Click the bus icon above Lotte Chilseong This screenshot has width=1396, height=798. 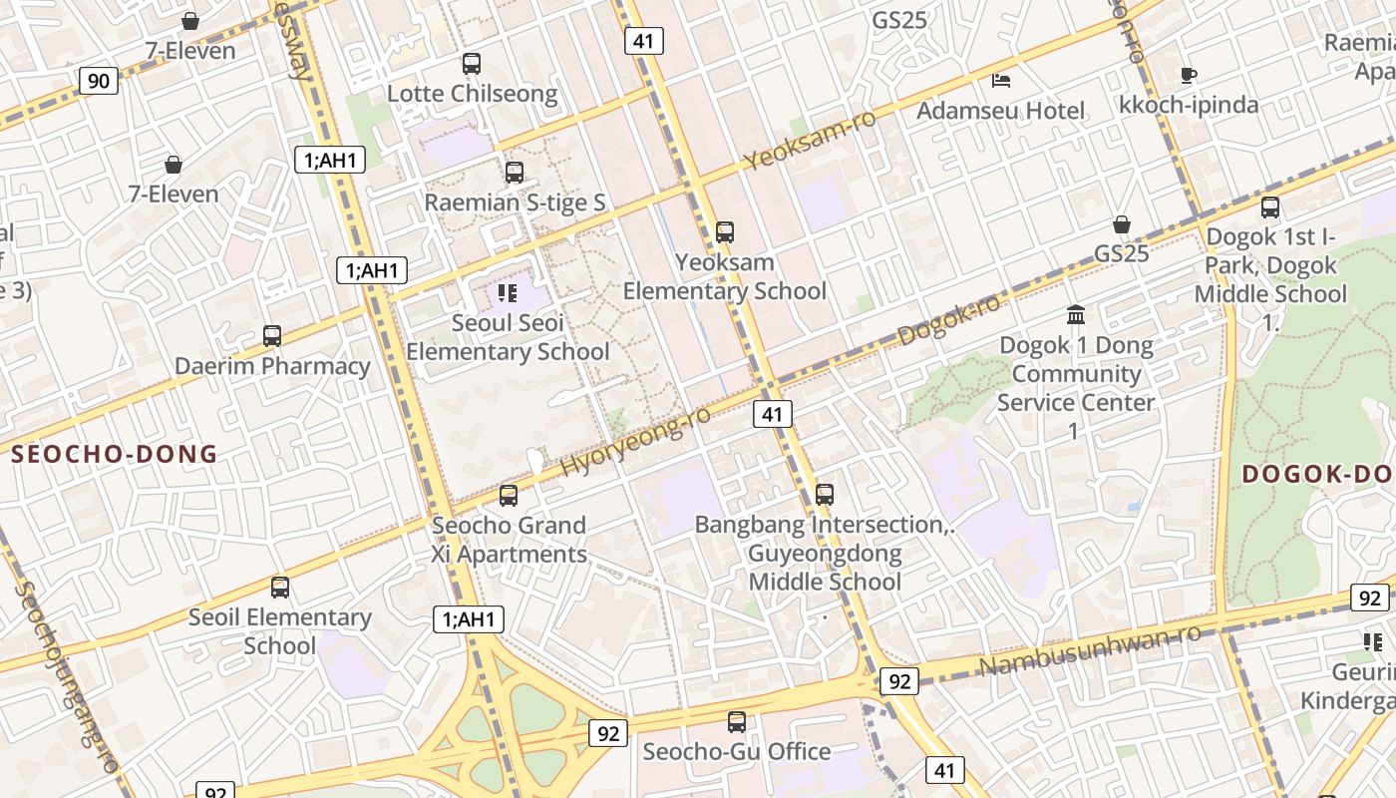[x=472, y=64]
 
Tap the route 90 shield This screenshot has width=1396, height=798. [x=99, y=81]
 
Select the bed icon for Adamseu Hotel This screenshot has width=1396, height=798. [x=1001, y=80]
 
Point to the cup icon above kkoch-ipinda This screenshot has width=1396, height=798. [x=1188, y=75]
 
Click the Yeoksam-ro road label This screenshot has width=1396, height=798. [x=810, y=140]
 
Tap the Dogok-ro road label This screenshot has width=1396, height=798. [x=948, y=320]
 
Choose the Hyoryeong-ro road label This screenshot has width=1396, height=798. [x=635, y=441]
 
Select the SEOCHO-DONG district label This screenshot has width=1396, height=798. [x=114, y=455]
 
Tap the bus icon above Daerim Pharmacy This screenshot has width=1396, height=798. [x=272, y=336]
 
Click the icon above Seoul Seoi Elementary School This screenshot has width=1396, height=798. [x=508, y=293]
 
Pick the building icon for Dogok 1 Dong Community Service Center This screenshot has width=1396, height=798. [x=1076, y=315]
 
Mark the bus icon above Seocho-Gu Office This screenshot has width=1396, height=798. [x=737, y=721]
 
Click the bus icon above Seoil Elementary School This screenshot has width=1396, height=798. [x=280, y=588]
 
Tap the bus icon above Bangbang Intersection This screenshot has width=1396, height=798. [x=825, y=494]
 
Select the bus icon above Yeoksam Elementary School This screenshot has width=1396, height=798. [x=725, y=232]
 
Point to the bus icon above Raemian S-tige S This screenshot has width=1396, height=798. [x=515, y=173]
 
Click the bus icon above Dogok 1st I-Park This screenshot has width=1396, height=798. [x=1270, y=207]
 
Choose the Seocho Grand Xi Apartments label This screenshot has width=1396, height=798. [x=509, y=540]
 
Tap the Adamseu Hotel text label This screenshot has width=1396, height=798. [x=1000, y=110]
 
